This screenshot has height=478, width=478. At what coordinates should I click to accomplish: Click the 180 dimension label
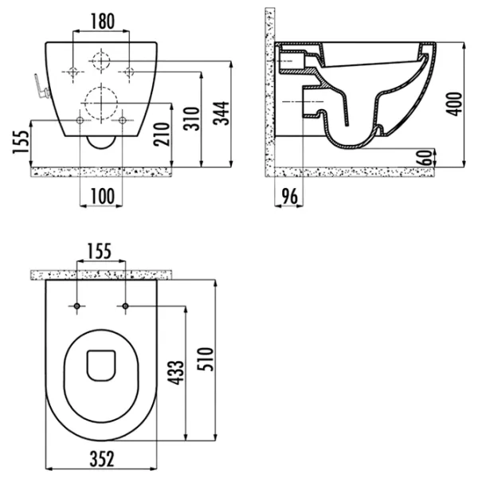pyautogui.click(x=103, y=22)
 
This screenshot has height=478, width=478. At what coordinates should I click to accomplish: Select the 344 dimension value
pyautogui.click(x=221, y=113)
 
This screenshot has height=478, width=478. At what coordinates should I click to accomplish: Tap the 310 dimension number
pyautogui.click(x=191, y=119)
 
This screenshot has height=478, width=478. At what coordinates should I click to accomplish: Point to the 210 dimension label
pyautogui.click(x=162, y=134)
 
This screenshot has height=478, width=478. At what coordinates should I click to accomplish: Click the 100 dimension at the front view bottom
pyautogui.click(x=103, y=196)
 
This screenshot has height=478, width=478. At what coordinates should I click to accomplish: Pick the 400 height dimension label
pyautogui.click(x=454, y=104)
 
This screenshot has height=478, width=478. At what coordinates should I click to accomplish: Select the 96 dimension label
pyautogui.click(x=289, y=197)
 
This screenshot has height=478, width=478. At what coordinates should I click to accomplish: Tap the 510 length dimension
pyautogui.click(x=205, y=359)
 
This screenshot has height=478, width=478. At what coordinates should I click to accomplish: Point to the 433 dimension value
pyautogui.click(x=176, y=373)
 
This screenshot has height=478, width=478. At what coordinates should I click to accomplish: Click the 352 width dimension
pyautogui.click(x=102, y=459)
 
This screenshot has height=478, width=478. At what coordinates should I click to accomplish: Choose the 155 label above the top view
pyautogui.click(x=100, y=251)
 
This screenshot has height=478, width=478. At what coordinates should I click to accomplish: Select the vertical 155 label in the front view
pyautogui.click(x=21, y=142)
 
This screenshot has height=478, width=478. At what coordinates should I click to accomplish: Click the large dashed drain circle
pyautogui.click(x=101, y=103)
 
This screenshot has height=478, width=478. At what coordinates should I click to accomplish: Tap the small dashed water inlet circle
pyautogui.click(x=101, y=61)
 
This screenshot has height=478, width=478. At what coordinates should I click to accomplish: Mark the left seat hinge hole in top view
pyautogui.click(x=76, y=306)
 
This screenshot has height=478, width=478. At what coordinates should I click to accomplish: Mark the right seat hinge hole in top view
pyautogui.click(x=125, y=306)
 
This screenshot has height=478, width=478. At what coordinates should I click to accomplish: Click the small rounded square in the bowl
pyautogui.click(x=101, y=366)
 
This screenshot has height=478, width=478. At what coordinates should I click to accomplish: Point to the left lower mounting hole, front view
pyautogui.click(x=80, y=120)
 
